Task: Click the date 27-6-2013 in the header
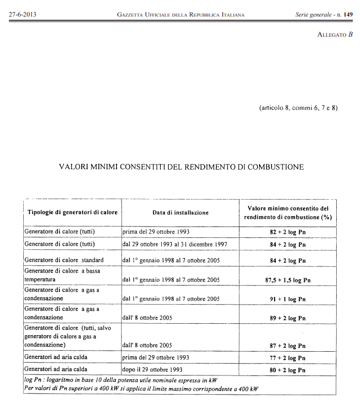[x=21, y=14]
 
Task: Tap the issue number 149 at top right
[x=348, y=14]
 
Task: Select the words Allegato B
[x=335, y=34]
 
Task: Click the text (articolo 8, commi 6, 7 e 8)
[x=298, y=108]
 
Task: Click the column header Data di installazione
[x=181, y=213]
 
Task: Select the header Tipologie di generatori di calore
[x=72, y=213]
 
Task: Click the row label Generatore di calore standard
[x=64, y=260]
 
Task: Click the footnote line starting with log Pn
[x=121, y=380]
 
